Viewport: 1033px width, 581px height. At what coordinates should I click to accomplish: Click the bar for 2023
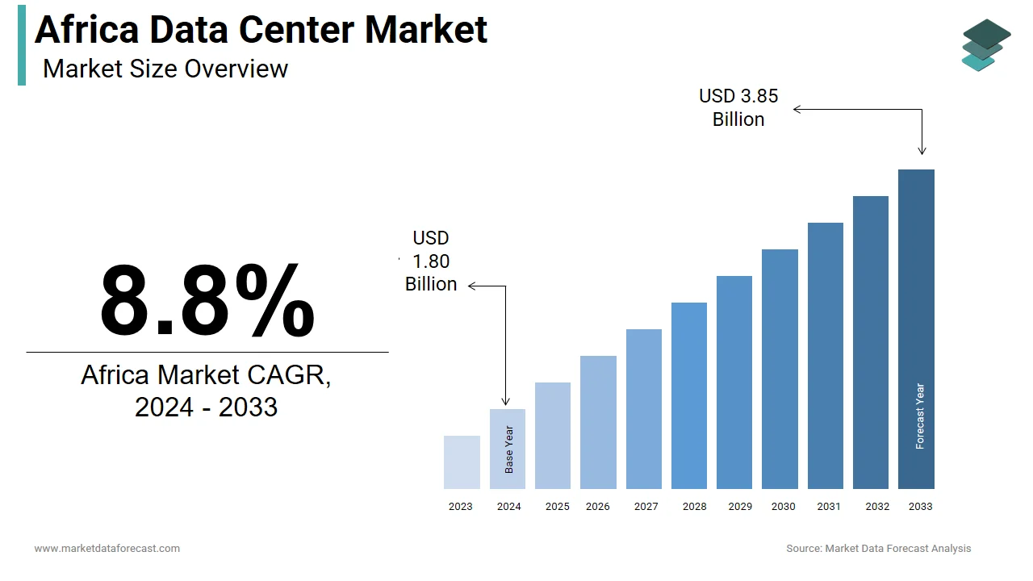click(462, 462)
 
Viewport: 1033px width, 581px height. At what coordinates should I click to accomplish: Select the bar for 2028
click(688, 395)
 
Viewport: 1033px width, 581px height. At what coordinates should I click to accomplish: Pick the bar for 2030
click(780, 369)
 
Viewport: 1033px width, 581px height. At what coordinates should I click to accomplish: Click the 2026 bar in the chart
click(598, 422)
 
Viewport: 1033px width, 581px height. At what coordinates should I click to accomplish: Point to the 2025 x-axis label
click(557, 507)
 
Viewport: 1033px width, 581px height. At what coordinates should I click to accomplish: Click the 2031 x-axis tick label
click(828, 507)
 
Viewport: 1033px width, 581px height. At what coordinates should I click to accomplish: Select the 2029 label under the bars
click(740, 507)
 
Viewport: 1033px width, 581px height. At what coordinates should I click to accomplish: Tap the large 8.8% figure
click(207, 301)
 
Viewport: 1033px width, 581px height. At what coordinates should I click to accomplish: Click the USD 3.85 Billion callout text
click(738, 107)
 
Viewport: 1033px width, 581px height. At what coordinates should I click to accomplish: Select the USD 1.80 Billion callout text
click(431, 261)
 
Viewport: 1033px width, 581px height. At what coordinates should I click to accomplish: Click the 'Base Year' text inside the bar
click(509, 449)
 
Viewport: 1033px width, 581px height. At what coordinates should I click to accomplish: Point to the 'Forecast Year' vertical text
click(920, 416)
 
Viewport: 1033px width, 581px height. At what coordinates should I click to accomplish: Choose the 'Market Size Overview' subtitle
click(165, 69)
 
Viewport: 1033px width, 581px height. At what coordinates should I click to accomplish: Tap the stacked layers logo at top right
click(985, 45)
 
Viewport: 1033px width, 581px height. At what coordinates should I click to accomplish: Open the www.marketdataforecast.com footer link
click(107, 549)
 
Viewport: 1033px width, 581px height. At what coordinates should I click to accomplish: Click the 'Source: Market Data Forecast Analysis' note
click(878, 549)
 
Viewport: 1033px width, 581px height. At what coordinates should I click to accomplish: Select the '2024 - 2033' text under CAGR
click(206, 408)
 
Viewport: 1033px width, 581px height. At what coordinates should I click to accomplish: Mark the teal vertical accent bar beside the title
click(22, 44)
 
